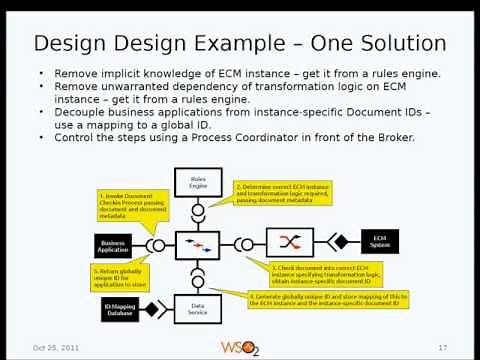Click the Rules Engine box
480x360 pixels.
(x=197, y=182)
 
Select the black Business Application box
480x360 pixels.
(x=113, y=245)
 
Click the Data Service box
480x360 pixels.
(x=197, y=310)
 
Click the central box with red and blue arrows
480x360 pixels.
(x=197, y=245)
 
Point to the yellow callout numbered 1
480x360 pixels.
(x=132, y=205)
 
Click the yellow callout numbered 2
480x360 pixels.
(x=282, y=194)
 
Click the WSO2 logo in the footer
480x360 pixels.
(x=240, y=346)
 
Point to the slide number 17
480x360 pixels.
(x=442, y=347)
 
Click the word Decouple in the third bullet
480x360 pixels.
(x=82, y=112)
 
